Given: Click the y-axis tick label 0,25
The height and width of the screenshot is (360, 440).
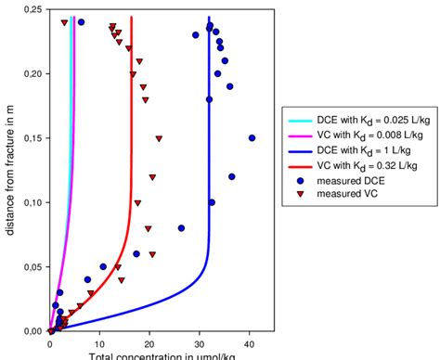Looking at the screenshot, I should click(x=31, y=9).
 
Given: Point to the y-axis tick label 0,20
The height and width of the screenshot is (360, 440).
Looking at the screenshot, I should click(x=31, y=74).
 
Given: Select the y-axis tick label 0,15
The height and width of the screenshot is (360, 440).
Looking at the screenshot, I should click(x=31, y=138).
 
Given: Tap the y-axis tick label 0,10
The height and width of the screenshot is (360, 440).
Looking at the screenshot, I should click(x=31, y=202).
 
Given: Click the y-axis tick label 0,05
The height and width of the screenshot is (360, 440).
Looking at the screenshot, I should click(x=31, y=267).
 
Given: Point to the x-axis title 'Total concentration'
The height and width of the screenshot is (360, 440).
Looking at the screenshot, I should click(x=139, y=356).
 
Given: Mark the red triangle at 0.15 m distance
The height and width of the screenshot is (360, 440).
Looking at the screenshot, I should click(x=159, y=139).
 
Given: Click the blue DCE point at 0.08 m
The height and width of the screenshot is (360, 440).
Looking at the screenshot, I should click(x=181, y=227).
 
